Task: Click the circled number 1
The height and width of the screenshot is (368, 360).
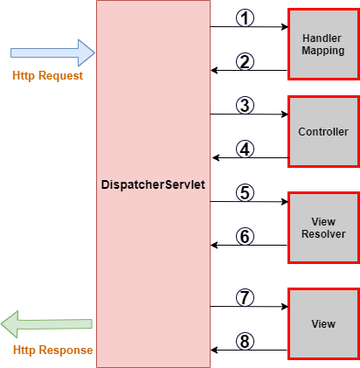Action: click(246, 17)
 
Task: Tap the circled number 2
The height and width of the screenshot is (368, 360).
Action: click(246, 61)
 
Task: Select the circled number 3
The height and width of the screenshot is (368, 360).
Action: click(246, 105)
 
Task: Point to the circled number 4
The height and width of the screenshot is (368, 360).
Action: click(246, 149)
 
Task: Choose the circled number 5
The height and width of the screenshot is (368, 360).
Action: click(246, 191)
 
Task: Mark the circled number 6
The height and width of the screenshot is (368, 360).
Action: click(246, 235)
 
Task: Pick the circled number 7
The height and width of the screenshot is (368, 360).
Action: click(246, 297)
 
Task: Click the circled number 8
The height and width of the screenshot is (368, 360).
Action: click(246, 341)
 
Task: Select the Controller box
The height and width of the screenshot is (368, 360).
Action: click(322, 132)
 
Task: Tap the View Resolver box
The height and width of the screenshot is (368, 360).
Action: click(322, 228)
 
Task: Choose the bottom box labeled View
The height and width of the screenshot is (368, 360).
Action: click(322, 324)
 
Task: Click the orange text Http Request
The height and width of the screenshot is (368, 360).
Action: click(48, 76)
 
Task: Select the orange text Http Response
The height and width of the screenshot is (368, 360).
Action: click(53, 351)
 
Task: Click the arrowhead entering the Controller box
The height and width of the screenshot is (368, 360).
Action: click(283, 115)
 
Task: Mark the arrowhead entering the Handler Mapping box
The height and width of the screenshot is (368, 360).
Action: click(283, 27)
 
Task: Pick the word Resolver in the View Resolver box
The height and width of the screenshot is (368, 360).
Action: click(322, 234)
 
